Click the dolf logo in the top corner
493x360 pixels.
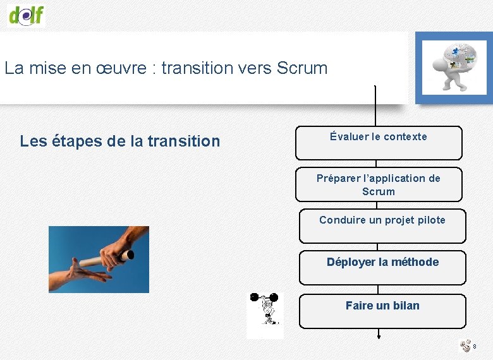(27, 14)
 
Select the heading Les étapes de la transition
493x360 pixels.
(120, 141)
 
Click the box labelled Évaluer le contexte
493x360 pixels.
(378, 143)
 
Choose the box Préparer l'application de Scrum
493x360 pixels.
(378, 184)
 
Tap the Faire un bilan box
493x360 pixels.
(382, 311)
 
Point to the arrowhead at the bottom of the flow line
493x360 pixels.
(379, 335)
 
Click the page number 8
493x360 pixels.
(475, 347)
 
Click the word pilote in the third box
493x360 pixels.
(430, 220)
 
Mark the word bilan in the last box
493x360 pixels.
(406, 306)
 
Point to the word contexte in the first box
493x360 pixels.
(405, 136)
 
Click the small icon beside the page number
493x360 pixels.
(465, 346)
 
